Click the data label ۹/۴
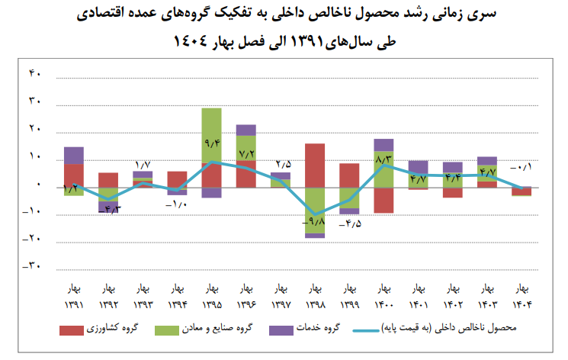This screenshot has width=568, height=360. [x=212, y=141]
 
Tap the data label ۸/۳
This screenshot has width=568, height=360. [x=383, y=159]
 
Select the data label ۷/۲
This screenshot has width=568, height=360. [x=246, y=153]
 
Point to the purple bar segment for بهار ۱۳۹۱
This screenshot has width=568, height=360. [x=74, y=155]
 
